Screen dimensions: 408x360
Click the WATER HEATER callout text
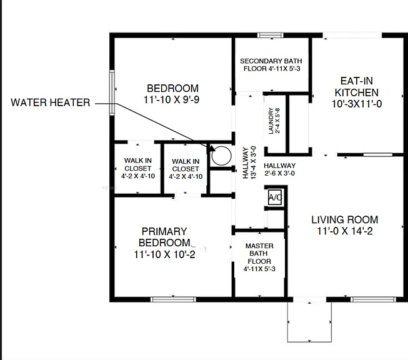click(x=51, y=102)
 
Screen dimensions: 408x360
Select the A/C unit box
click(x=275, y=197)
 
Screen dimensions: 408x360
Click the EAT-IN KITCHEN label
click(x=357, y=87)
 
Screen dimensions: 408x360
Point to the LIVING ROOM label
click(x=345, y=220)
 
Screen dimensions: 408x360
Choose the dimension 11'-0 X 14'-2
click(x=345, y=231)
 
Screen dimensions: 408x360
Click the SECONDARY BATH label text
click(x=271, y=61)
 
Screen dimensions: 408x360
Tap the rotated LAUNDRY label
click(x=271, y=121)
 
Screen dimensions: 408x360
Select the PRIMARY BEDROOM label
click(x=164, y=237)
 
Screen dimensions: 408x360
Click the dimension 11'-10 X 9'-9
click(x=171, y=100)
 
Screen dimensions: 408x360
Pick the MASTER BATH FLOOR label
click(x=259, y=254)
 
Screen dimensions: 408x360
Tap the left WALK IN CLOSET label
click(x=138, y=164)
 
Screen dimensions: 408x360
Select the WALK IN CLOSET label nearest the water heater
click(x=186, y=165)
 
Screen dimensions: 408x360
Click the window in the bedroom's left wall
click(x=112, y=92)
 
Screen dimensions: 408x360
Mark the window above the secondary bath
click(x=271, y=35)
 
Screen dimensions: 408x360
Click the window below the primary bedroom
click(x=173, y=299)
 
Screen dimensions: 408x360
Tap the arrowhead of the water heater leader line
click(x=212, y=149)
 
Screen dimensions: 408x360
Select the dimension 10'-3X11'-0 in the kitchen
click(x=357, y=104)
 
